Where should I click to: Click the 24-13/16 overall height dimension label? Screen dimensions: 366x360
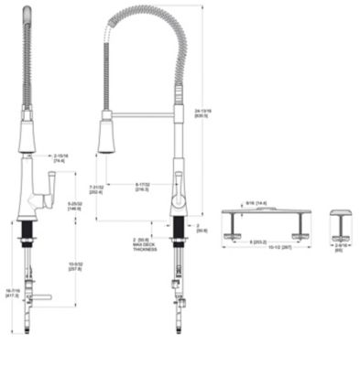pos(202,113)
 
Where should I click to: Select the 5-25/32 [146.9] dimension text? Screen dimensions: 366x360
pos(75,206)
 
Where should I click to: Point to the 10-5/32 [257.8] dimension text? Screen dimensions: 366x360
pos(75,266)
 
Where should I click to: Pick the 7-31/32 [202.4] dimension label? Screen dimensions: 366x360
pos(97,189)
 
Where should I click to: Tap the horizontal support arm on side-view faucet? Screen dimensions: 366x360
pos(142,114)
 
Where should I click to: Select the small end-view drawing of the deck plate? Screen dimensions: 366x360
pos(341,222)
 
